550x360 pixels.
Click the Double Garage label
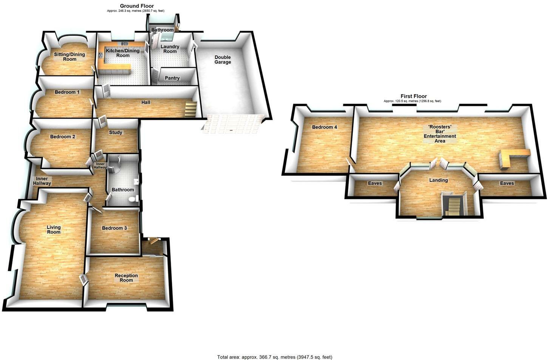click(222, 60)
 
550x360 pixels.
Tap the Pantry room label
click(172, 78)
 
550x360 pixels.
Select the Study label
click(116, 133)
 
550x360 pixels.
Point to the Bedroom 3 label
click(114, 228)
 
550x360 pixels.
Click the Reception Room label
click(126, 278)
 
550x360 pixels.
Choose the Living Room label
click(54, 230)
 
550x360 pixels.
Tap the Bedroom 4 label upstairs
click(324, 127)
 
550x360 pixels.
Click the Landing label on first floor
click(438, 180)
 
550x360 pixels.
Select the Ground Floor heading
click(137, 6)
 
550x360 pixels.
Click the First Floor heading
click(414, 96)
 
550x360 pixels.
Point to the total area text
click(275, 357)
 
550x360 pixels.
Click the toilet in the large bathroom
click(132, 199)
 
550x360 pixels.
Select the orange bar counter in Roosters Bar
click(514, 155)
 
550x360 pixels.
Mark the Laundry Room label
click(170, 49)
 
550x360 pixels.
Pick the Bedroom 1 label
click(67, 92)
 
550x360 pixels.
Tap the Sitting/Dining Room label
click(70, 57)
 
